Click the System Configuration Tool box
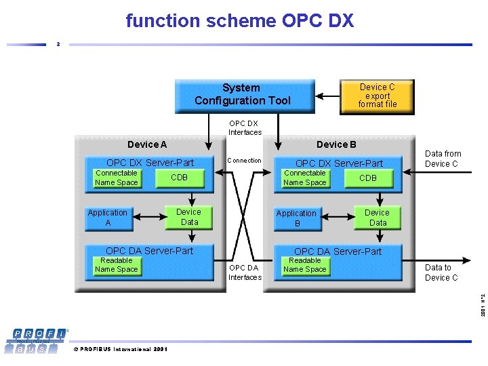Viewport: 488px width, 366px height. (244, 95)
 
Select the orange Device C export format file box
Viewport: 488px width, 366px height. (377, 96)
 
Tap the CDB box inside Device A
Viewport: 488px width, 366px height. (179, 178)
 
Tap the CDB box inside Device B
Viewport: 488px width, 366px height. (367, 178)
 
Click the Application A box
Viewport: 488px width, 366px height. (107, 218)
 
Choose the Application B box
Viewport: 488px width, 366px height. (296, 218)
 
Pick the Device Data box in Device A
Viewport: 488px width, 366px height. (188, 217)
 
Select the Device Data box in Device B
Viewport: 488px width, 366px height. (377, 218)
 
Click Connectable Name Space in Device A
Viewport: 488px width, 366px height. (116, 178)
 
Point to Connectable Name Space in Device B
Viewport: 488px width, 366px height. (304, 178)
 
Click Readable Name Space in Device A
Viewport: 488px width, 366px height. (116, 265)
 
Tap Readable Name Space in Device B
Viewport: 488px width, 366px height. (304, 265)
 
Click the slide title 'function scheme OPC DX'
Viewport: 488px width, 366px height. (240, 21)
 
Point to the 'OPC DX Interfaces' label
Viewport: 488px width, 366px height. (244, 128)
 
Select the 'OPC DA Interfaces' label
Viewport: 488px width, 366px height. (244, 272)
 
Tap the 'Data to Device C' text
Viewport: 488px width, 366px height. (441, 272)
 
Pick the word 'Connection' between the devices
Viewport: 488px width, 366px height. (244, 161)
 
